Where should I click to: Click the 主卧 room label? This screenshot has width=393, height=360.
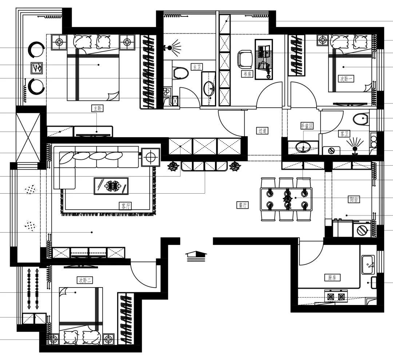(96, 108)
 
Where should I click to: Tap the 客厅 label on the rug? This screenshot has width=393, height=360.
(125, 206)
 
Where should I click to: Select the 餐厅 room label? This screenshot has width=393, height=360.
(243, 205)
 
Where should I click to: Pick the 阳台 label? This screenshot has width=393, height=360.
(354, 199)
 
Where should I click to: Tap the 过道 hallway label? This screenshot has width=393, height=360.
(262, 131)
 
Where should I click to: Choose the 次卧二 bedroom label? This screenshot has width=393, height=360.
(85, 280)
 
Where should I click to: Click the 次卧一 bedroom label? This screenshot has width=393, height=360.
(346, 79)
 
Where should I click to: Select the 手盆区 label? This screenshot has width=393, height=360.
(307, 126)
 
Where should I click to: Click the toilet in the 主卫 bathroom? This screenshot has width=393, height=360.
(180, 73)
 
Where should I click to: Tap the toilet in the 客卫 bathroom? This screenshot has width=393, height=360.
(361, 119)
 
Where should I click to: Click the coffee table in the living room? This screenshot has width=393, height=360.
(111, 186)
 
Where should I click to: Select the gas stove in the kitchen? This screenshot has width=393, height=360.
(336, 296)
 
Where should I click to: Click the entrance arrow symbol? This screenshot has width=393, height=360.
(196, 256)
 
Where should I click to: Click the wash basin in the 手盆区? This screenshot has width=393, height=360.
(303, 148)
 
